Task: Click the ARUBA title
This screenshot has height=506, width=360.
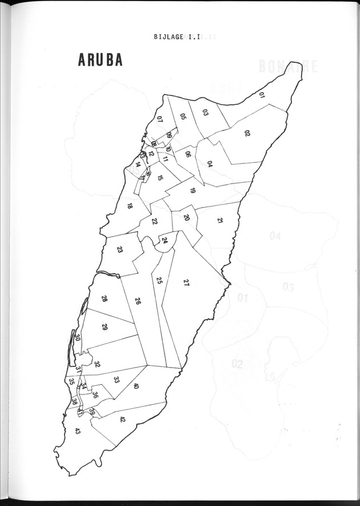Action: pos(96,61)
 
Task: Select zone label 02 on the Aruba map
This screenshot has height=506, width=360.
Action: pos(247,133)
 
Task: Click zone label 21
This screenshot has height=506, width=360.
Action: pos(220,221)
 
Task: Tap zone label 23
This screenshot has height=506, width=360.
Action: pos(120,250)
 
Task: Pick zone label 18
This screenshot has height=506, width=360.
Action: pos(130,206)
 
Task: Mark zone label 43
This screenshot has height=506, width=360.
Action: pos(78,431)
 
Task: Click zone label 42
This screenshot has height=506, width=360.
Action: pos(122,419)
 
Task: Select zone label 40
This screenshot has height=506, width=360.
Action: pos(136,387)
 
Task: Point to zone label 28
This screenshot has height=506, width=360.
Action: pos(105,299)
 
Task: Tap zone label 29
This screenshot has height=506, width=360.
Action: pos(105,327)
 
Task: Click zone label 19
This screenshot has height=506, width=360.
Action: pos(193,190)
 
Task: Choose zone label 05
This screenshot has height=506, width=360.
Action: pos(183,117)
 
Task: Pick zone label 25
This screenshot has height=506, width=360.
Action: pos(159,281)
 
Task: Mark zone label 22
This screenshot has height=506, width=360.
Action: pos(155,221)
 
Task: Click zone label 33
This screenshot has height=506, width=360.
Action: pos(117,379)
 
